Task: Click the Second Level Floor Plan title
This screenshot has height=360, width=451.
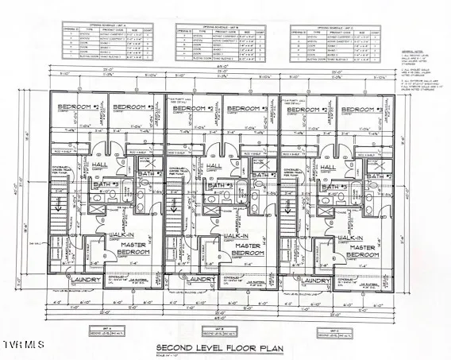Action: point(226,346)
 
